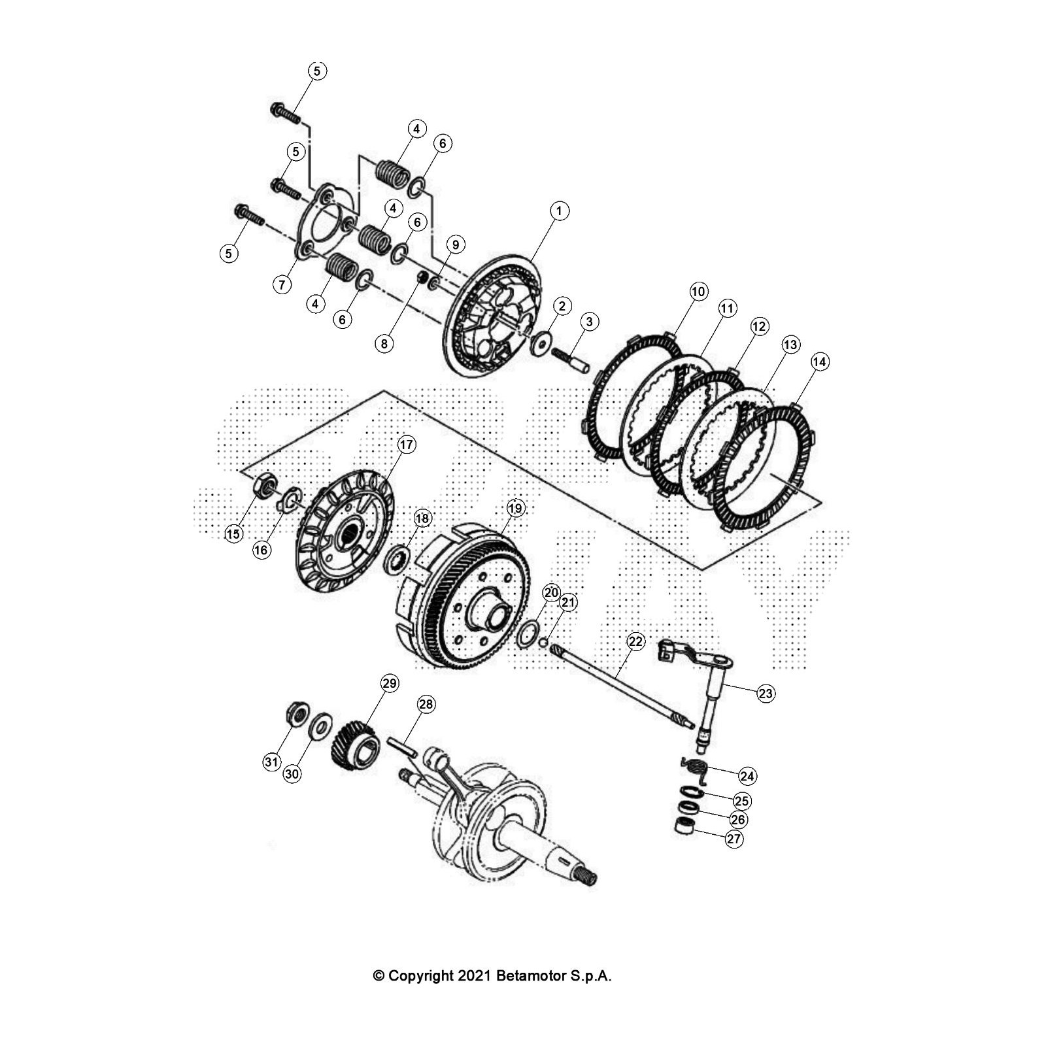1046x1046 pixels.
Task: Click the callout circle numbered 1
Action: click(559, 211)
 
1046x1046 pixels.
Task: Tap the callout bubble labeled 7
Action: click(282, 284)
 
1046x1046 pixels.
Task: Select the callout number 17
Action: click(406, 445)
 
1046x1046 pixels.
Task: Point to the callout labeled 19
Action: click(515, 508)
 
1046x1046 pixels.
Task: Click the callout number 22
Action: click(636, 641)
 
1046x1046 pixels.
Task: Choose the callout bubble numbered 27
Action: click(734, 838)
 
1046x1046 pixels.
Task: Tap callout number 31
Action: click(271, 762)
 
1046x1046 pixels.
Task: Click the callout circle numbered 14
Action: click(819, 362)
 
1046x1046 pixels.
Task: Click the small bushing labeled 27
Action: click(683, 825)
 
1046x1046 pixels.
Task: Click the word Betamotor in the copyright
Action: click(528, 976)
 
